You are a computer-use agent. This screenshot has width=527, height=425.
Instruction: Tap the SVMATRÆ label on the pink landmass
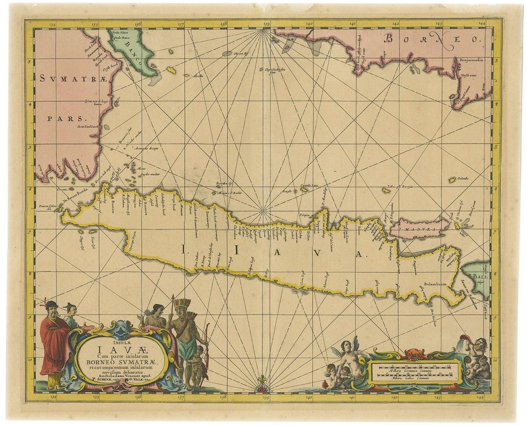tap(69, 79)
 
